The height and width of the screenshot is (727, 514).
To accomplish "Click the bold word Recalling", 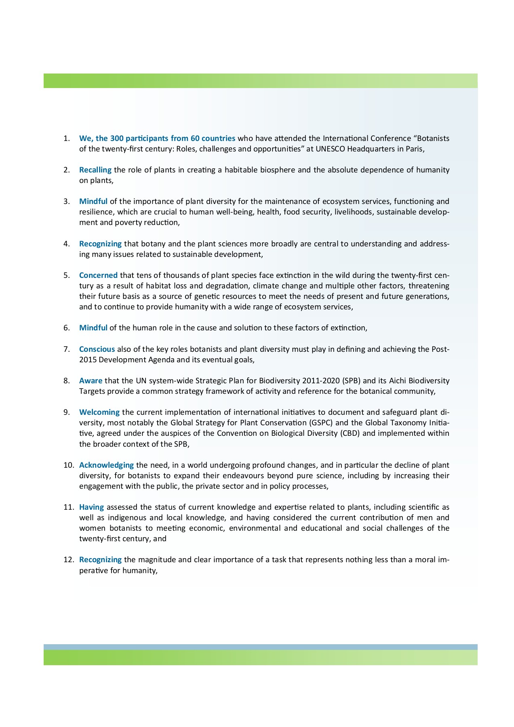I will click(95, 170).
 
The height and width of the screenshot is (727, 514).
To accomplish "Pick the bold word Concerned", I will click(98, 275).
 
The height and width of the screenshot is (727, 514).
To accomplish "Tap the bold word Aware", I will click(91, 381).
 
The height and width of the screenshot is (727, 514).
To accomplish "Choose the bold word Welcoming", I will click(99, 412).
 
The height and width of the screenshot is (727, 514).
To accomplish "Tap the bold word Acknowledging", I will click(106, 465).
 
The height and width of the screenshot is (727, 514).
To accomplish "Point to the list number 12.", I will click(68, 560).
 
